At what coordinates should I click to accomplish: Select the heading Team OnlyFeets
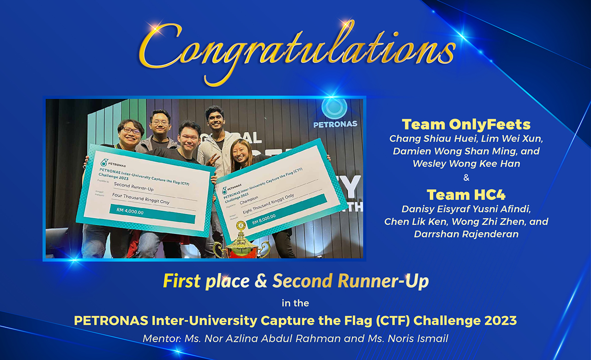[x=466, y=124]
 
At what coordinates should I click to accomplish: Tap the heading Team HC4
[x=466, y=194]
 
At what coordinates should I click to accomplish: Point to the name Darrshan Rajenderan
[x=466, y=234]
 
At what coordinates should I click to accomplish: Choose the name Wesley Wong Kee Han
[x=466, y=163]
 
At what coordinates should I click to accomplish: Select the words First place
[x=206, y=281]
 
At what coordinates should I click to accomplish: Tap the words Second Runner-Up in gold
[x=350, y=281]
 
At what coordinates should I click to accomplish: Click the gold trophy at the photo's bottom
[x=241, y=242]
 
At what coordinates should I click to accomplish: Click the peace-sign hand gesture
[x=212, y=160]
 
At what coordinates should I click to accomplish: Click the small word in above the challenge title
[x=285, y=304]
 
